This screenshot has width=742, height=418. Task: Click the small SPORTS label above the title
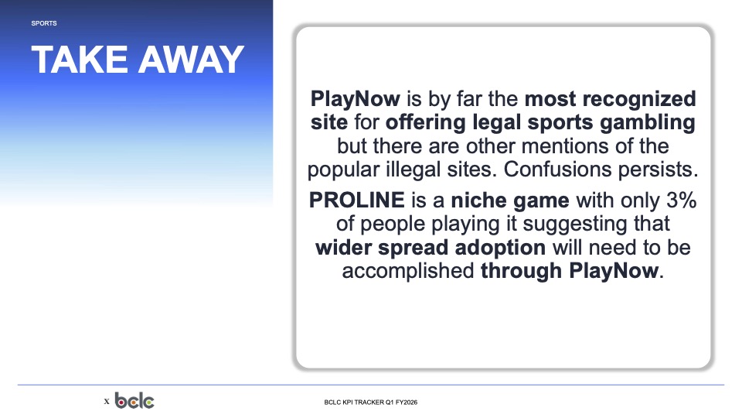(x=44, y=23)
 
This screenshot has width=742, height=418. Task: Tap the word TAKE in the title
(x=80, y=60)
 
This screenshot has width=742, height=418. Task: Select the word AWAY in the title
(x=191, y=60)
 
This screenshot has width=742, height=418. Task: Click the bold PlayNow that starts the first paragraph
(x=356, y=99)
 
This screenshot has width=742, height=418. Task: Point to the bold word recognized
(x=639, y=99)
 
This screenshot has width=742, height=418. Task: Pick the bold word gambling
(x=648, y=122)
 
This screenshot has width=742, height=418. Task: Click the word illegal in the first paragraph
(x=413, y=170)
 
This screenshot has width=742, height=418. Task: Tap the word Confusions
(x=551, y=170)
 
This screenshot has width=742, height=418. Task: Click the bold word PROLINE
(x=357, y=200)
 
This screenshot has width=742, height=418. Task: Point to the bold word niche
(x=478, y=200)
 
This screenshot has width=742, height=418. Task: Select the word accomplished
(x=408, y=271)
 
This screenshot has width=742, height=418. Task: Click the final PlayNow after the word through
(x=614, y=271)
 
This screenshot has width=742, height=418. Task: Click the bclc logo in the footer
(x=134, y=401)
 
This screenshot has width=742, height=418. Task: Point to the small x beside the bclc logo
(x=107, y=402)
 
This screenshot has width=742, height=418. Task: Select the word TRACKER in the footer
(x=369, y=403)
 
